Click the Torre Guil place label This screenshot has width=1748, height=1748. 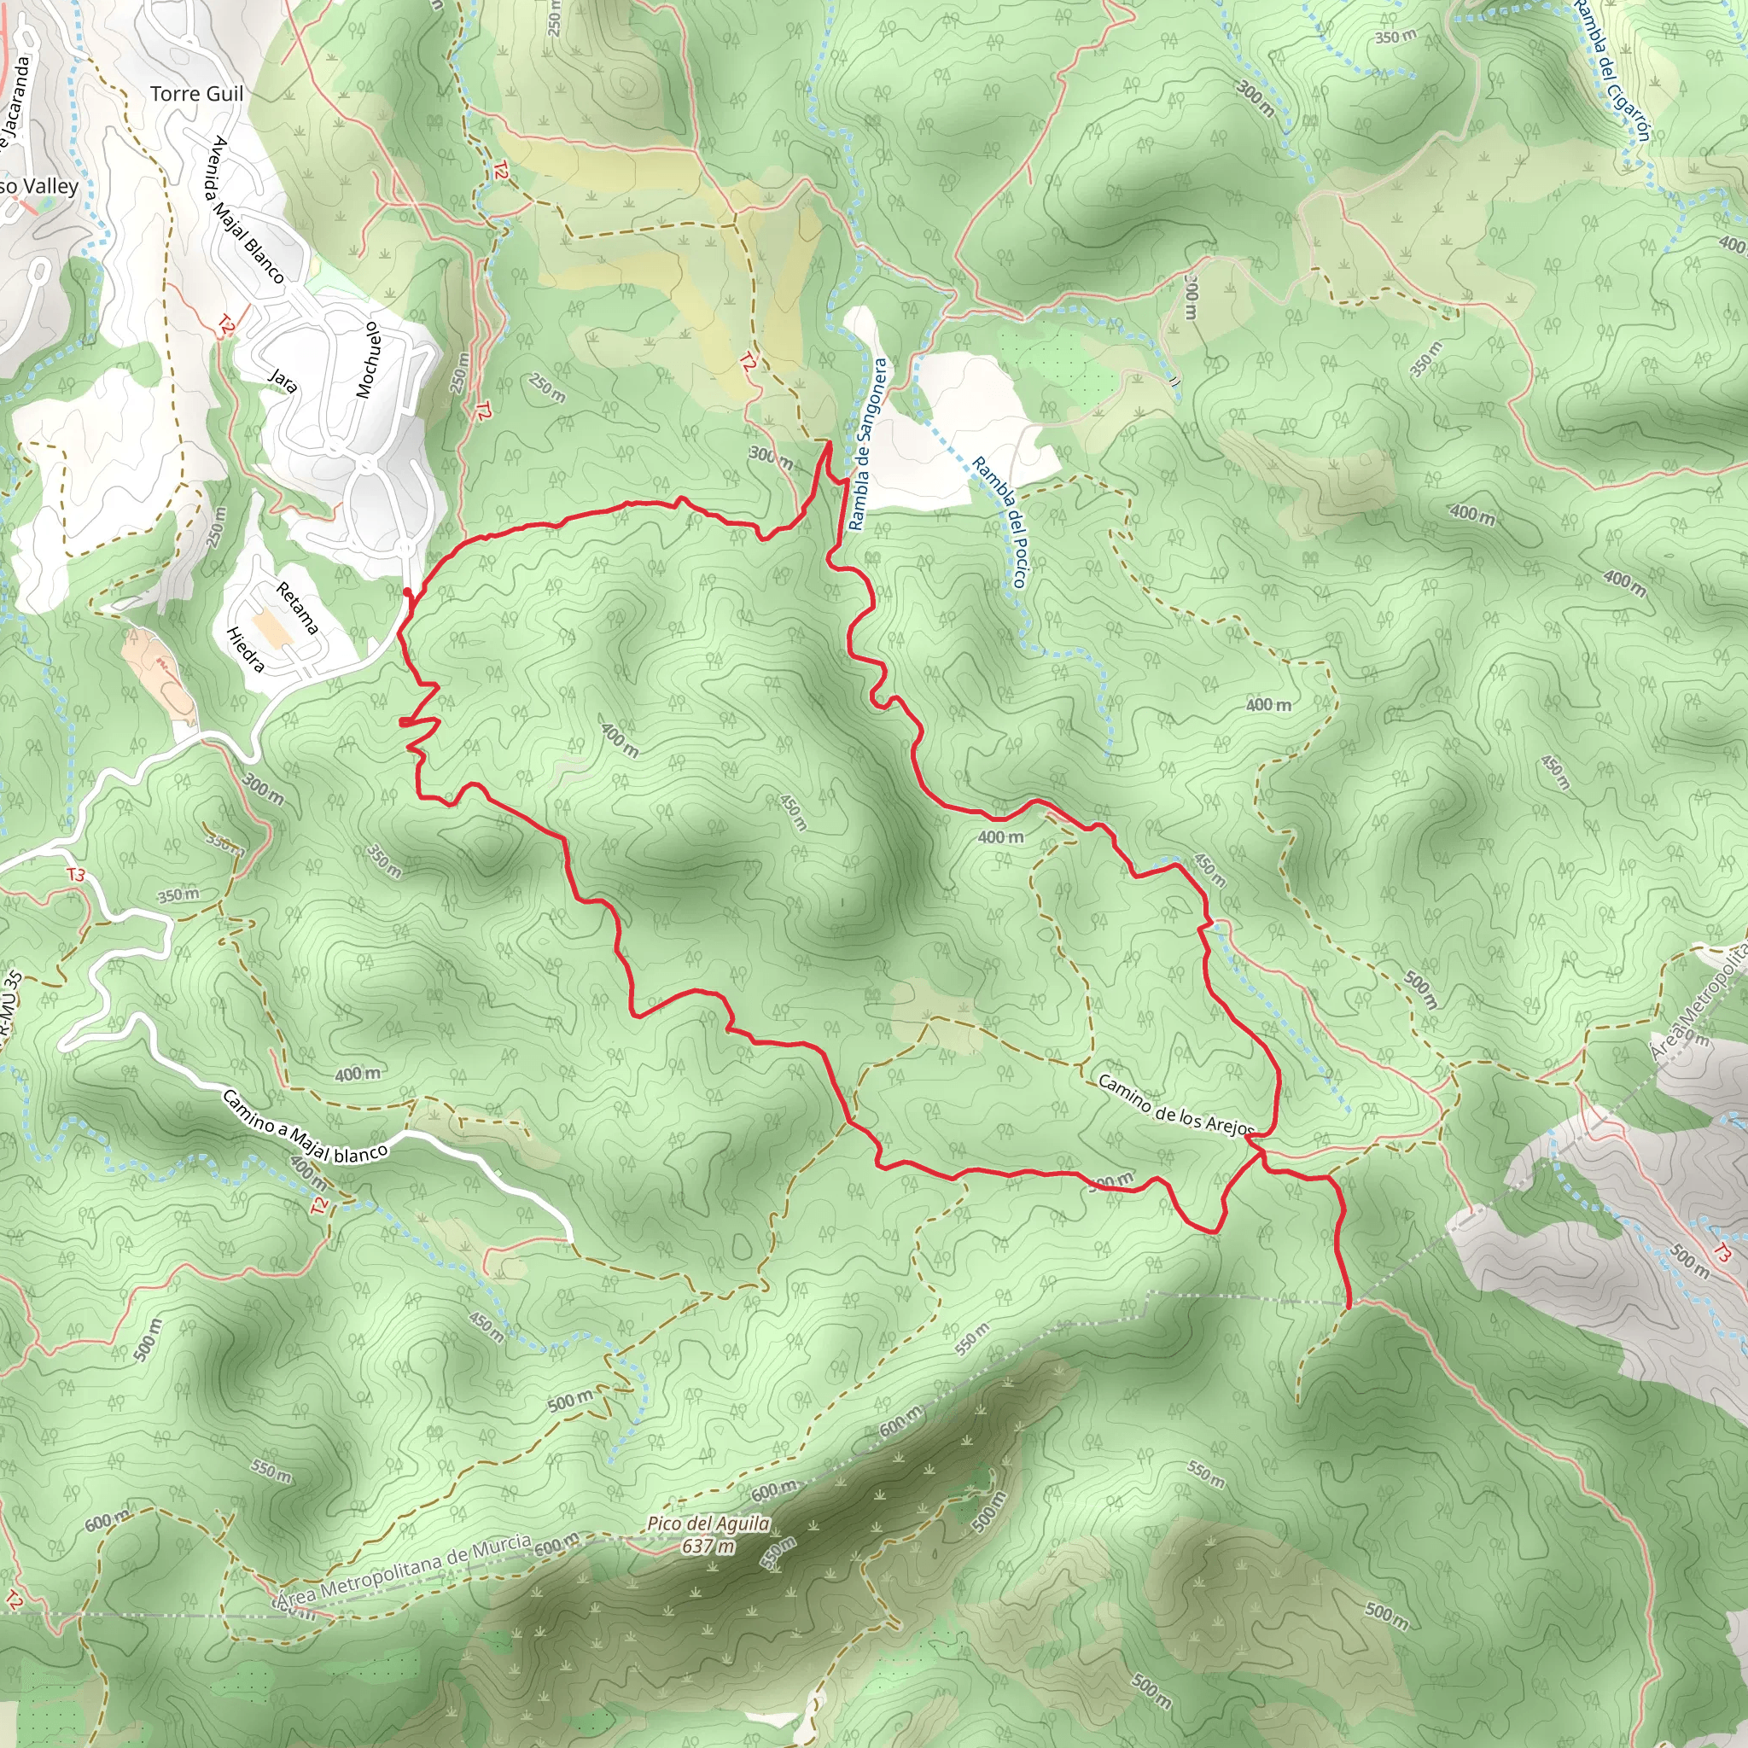[x=196, y=94]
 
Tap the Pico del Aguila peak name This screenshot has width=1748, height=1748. [x=708, y=1524]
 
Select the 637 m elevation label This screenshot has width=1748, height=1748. [x=708, y=1547]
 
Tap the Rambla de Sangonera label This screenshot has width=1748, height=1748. [x=869, y=444]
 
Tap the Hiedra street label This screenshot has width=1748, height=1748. [x=245, y=650]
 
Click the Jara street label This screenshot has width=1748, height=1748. [x=283, y=380]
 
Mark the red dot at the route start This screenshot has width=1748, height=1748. [x=407, y=592]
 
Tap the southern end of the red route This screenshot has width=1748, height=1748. [x=1349, y=1307]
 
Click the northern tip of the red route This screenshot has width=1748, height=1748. [x=829, y=442]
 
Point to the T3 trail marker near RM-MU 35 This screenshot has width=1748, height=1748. [x=76, y=875]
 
